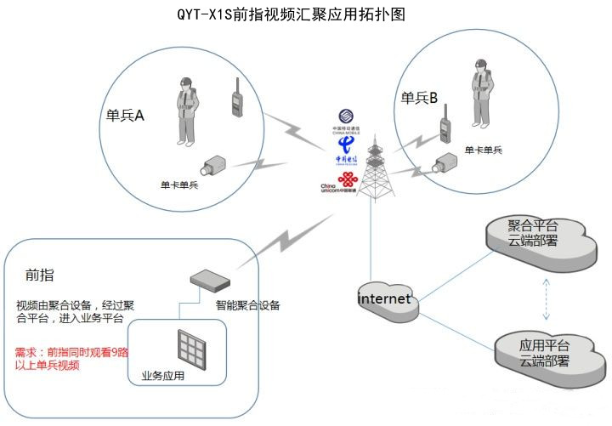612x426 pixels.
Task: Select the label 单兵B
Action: pos(419,99)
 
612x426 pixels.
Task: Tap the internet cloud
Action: pos(387,299)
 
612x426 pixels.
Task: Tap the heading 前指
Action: pos(40,275)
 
